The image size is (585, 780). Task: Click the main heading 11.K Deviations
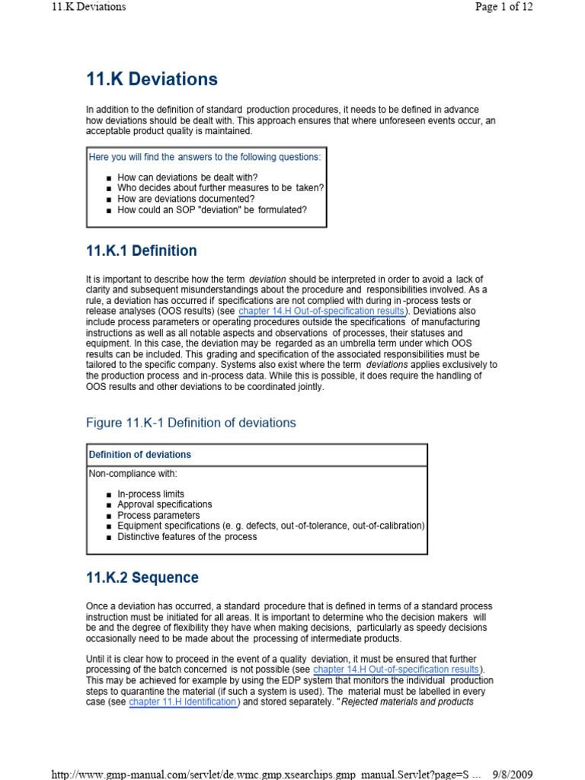click(152, 79)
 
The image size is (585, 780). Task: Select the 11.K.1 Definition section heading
click(142, 251)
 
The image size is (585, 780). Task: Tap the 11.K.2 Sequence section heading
click(142, 577)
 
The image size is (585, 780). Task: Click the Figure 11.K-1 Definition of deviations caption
click(191, 423)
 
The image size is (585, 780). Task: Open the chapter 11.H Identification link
click(183, 702)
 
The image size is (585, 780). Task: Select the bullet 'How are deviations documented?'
click(186, 199)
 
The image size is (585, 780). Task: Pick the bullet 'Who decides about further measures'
click(221, 188)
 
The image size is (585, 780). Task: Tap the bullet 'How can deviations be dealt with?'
click(187, 177)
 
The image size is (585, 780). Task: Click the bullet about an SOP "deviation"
click(212, 209)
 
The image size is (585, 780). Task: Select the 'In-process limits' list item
click(151, 494)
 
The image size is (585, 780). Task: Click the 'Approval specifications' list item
click(165, 504)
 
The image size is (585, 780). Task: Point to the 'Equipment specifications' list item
click(270, 526)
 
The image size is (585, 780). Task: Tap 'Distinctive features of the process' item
click(187, 536)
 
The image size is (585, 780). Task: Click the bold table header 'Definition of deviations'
click(140, 455)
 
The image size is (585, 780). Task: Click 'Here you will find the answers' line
click(205, 157)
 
